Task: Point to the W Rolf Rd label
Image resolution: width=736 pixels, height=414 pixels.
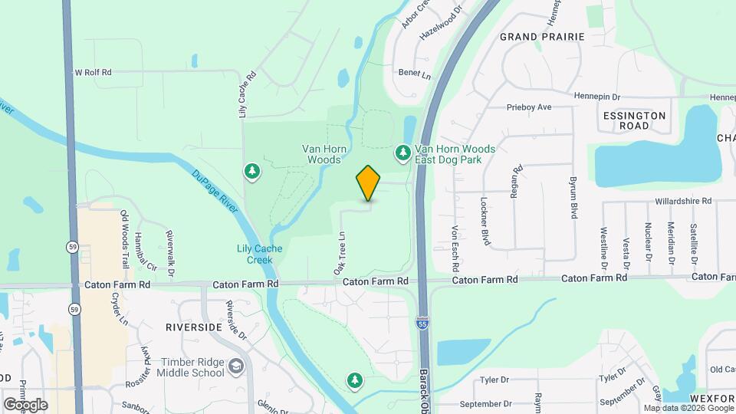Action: (92, 72)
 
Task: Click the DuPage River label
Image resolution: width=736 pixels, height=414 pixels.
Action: (207, 187)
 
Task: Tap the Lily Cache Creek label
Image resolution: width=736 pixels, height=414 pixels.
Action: (259, 254)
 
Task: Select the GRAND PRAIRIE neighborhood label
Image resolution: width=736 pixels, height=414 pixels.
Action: (542, 37)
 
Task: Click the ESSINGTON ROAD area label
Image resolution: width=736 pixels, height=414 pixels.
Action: (634, 120)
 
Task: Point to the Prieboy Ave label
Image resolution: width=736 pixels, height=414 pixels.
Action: (529, 107)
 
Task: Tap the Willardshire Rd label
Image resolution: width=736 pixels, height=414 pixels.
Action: (683, 201)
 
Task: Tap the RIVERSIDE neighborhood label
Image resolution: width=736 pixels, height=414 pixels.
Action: (193, 327)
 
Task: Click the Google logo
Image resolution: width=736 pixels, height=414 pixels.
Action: (25, 404)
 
